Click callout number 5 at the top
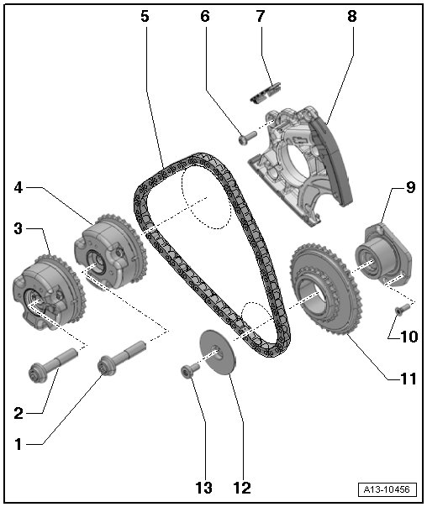click(x=145, y=16)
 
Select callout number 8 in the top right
click(x=351, y=16)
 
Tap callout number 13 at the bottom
click(x=203, y=488)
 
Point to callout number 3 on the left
click(x=18, y=228)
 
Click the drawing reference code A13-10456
click(x=387, y=489)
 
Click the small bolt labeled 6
click(x=247, y=138)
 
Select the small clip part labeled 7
click(x=266, y=93)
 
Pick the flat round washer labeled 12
click(x=219, y=352)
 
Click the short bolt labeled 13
click(x=189, y=370)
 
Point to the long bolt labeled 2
click(x=53, y=363)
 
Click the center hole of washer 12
click(x=216, y=349)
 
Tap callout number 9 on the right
click(x=410, y=187)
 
